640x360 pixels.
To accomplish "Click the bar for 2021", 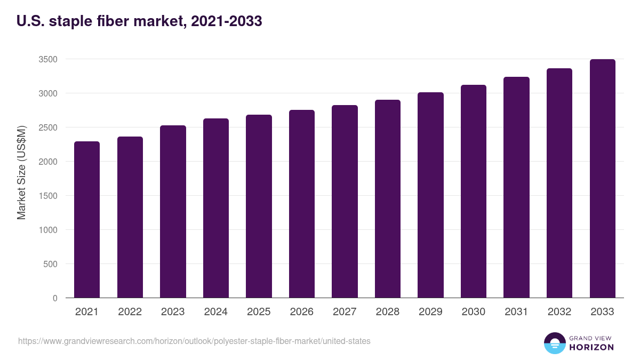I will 87,219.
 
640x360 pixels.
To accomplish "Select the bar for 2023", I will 173,211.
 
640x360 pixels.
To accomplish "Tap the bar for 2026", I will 302,204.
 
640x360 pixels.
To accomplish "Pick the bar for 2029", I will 430,195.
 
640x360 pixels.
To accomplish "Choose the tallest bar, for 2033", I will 602,178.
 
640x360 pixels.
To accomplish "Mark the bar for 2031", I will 516,187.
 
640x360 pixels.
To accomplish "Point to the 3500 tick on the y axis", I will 48,59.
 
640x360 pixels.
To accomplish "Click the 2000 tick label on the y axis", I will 48,162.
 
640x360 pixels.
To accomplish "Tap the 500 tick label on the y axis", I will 50,264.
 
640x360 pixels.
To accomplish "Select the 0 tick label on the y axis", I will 55,298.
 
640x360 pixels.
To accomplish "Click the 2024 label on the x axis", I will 215,312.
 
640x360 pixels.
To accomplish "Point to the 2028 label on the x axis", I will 387,312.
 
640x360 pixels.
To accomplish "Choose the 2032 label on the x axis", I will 559,312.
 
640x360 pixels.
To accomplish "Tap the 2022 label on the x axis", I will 130,312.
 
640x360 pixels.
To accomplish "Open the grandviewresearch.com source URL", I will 194,341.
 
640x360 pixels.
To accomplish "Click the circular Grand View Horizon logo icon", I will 554,343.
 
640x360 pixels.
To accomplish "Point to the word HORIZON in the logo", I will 591,347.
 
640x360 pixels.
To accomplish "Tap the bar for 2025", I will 259,206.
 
